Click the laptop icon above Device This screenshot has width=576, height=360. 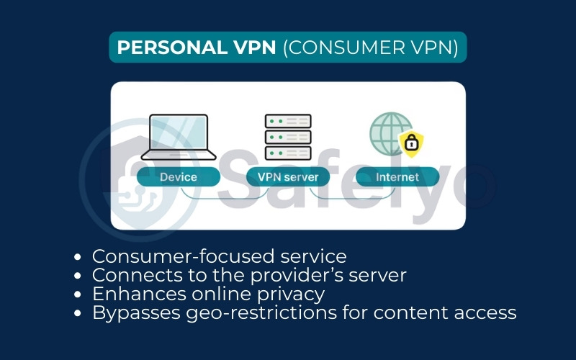coord(178,137)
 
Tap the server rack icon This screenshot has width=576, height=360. coord(288,137)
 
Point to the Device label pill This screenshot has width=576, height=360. coord(178,176)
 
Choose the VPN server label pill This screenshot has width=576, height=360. coord(288,176)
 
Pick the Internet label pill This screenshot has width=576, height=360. coord(397,176)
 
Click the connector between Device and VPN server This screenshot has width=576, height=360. coord(216,193)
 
